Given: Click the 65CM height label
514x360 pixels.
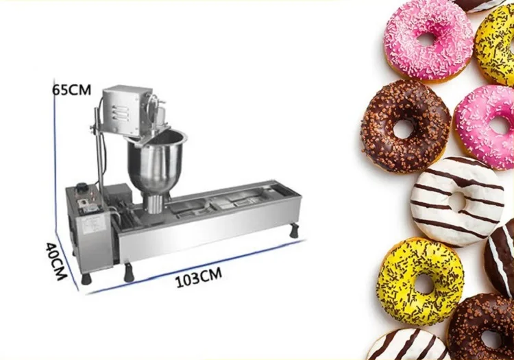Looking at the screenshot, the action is (71, 90).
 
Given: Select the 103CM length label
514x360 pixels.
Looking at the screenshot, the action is (199, 278).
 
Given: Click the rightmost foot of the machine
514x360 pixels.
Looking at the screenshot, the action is (294, 232).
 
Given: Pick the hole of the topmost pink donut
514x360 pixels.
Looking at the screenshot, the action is (425, 40).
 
